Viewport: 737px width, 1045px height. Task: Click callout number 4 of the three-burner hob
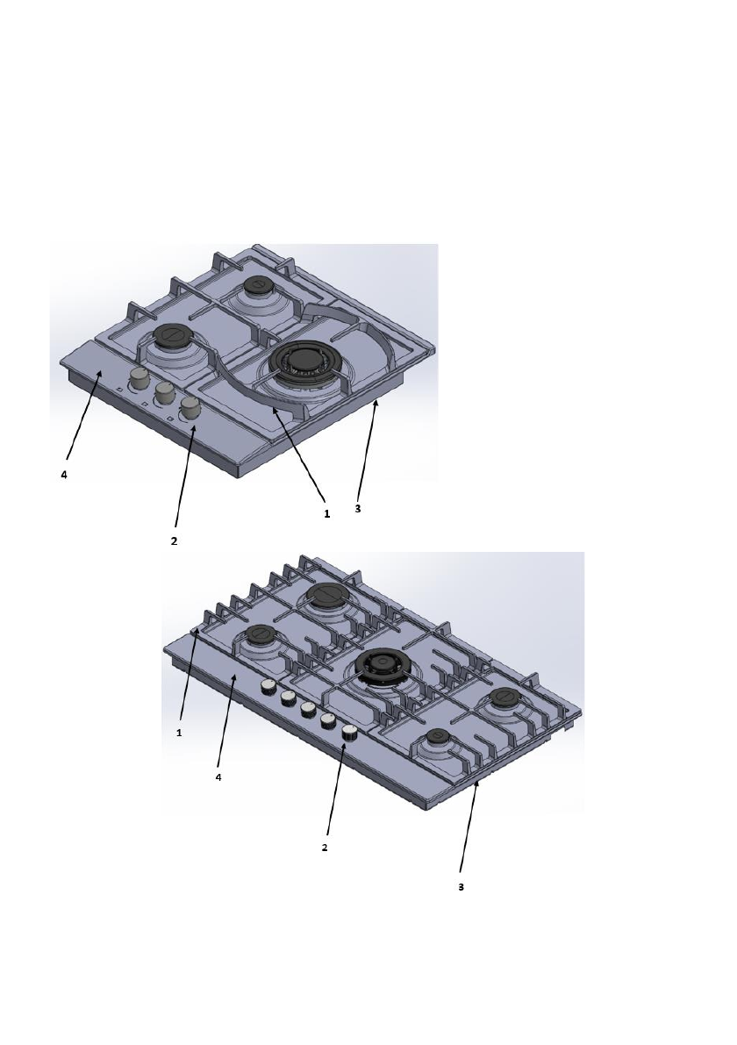[64, 476]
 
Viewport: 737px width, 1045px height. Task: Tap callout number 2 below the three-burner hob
[174, 541]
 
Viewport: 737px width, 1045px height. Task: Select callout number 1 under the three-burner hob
[326, 514]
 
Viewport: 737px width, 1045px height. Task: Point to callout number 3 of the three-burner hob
[358, 509]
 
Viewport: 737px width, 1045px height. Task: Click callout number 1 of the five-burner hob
[179, 733]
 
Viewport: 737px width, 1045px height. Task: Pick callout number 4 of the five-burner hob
[218, 777]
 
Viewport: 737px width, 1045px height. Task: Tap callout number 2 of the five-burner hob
[325, 848]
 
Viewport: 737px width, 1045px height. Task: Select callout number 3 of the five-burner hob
[461, 887]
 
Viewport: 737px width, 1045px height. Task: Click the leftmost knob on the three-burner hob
[140, 380]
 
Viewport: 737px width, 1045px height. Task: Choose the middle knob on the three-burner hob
[165, 394]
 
